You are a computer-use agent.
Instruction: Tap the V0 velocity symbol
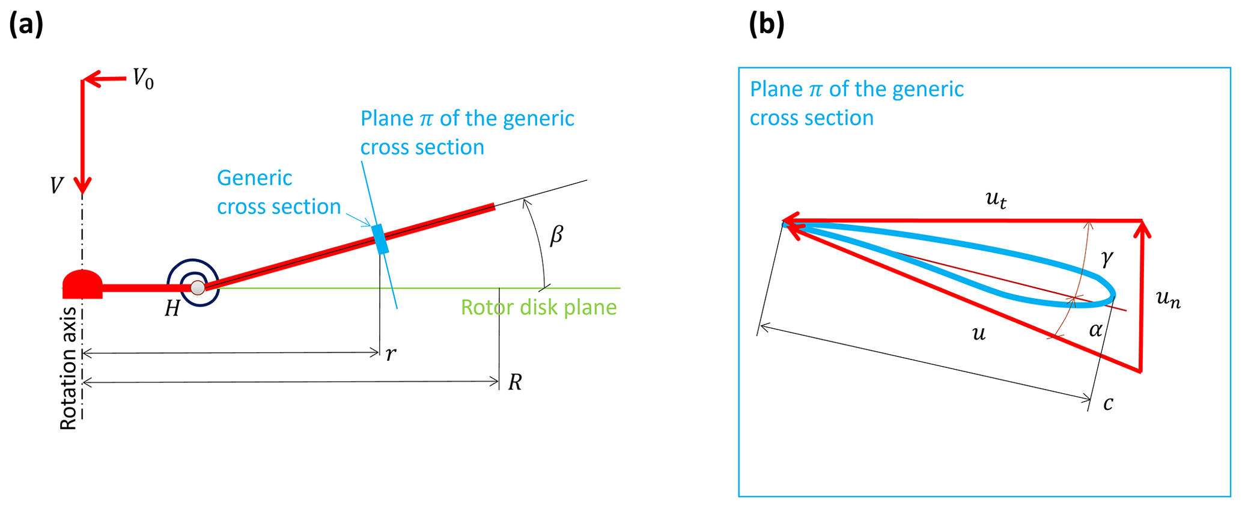143,78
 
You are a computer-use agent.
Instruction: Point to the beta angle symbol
556,234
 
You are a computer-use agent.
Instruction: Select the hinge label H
172,308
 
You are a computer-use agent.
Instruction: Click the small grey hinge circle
198,288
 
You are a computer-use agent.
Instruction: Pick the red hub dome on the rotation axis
82,283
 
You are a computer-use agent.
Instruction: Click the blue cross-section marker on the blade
380,239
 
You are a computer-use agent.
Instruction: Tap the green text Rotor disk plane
538,307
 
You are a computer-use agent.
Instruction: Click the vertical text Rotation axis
68,369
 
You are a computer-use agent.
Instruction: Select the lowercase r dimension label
391,354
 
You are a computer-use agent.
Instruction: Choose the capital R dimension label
515,382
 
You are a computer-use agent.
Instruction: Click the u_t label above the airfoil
996,199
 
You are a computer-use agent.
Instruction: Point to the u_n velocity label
1168,298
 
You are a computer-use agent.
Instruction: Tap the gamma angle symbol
1107,258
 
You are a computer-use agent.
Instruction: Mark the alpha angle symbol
1096,329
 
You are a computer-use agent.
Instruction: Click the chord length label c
1108,403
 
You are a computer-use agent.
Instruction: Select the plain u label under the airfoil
979,333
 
